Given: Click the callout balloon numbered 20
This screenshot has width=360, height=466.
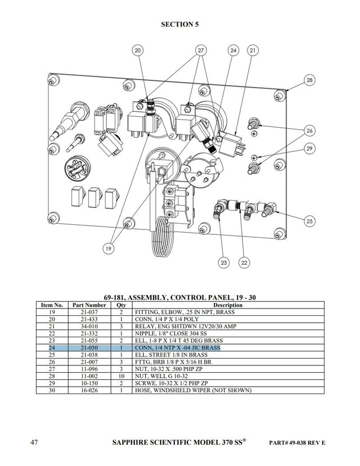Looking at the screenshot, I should (138, 51).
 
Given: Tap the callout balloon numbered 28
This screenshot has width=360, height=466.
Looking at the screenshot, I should (309, 80).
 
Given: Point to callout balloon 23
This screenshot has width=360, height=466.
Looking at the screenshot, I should (224, 262).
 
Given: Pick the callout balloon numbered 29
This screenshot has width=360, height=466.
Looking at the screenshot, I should (310, 148).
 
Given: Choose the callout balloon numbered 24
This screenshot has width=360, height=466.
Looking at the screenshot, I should (233, 51).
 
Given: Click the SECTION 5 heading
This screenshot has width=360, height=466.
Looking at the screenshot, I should (179, 24).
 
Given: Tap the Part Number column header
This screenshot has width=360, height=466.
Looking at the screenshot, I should (89, 305).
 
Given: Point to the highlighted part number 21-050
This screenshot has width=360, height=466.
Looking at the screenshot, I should (89, 348).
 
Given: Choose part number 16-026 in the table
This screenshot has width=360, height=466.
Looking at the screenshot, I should (89, 390).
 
